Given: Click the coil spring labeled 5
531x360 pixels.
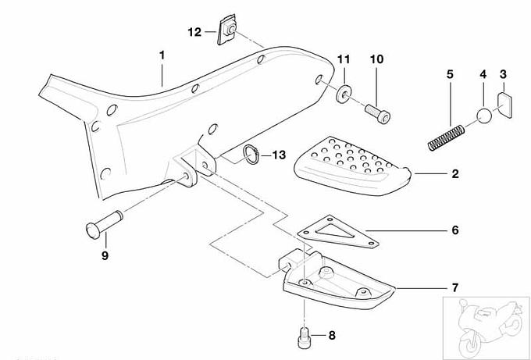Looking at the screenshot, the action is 446,137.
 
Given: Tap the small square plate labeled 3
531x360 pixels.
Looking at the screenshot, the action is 504,105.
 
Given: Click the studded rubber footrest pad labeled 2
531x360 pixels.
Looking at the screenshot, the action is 352,166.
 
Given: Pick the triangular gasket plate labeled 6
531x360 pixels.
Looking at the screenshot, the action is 338,233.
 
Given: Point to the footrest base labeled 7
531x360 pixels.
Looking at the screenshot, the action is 337,278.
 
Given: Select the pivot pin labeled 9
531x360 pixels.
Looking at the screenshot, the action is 104,225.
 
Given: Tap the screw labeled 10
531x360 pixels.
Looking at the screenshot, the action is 378,113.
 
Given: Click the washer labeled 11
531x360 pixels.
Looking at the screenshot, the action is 344,94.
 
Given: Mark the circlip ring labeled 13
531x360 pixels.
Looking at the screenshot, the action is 251,155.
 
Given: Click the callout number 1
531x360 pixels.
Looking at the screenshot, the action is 162,55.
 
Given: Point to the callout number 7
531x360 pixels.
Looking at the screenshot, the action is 455,287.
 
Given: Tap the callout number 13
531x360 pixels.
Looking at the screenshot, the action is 279,155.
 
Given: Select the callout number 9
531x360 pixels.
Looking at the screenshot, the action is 105,255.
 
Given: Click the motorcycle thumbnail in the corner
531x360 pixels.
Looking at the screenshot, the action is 486,327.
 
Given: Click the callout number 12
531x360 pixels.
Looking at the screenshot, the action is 194,32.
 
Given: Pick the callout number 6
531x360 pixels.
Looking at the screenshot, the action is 455,230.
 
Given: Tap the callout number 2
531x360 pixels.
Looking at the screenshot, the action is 455,173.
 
